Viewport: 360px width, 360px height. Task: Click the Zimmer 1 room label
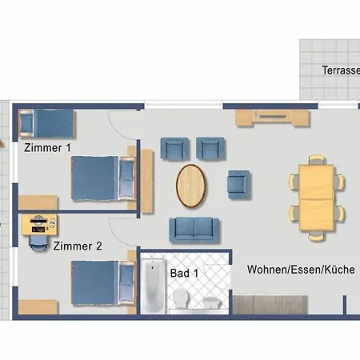click(x=47, y=148)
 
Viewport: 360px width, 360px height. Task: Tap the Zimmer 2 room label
click(x=78, y=246)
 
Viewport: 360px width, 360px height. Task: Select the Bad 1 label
click(x=184, y=273)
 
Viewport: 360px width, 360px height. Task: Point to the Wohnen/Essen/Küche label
click(x=301, y=270)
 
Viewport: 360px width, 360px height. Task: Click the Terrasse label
click(x=341, y=70)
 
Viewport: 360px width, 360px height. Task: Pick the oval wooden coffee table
click(x=190, y=186)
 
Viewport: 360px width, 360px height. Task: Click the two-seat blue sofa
click(x=194, y=230)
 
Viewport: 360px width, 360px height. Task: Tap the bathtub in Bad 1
click(x=153, y=286)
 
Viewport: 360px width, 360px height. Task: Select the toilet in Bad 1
click(x=182, y=298)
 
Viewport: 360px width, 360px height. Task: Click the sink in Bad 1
click(x=212, y=302)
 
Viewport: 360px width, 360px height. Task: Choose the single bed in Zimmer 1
click(x=46, y=123)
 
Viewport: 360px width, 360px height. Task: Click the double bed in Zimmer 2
click(x=102, y=283)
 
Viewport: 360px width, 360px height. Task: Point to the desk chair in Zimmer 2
click(x=38, y=243)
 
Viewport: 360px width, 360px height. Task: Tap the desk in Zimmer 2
click(x=39, y=225)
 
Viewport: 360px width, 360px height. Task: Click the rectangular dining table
click(x=316, y=198)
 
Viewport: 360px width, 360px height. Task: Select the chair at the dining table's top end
click(x=317, y=159)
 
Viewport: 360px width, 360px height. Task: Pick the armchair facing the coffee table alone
click(x=239, y=185)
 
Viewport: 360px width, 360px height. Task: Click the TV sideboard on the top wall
click(x=273, y=118)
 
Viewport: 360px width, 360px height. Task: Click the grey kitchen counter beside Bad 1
click(x=270, y=304)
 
